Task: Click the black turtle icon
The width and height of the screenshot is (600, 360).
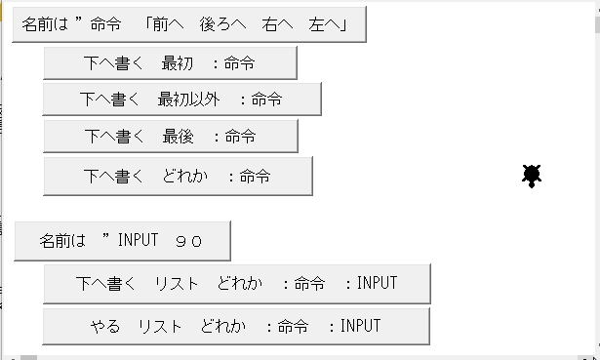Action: (532, 176)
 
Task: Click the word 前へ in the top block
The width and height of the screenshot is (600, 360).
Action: (168, 24)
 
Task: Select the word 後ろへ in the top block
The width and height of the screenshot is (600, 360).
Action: (222, 24)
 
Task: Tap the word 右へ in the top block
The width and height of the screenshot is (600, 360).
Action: (277, 24)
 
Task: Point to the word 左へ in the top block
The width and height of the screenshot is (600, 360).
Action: (324, 24)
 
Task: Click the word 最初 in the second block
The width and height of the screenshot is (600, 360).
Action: (178, 63)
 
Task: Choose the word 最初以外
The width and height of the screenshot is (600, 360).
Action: (188, 100)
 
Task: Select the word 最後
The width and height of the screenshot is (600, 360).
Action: (178, 137)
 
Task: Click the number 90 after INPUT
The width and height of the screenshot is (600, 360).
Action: (188, 241)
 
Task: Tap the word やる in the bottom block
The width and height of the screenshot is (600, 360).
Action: (105, 326)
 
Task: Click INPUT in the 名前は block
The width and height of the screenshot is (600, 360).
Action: (139, 240)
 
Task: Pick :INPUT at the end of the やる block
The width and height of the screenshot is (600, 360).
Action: (355, 326)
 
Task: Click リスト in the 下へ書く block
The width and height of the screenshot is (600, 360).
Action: (177, 284)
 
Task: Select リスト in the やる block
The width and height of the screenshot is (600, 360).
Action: (160, 326)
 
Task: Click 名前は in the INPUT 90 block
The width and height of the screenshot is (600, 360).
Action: (62, 241)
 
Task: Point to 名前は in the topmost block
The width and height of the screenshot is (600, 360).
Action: (45, 24)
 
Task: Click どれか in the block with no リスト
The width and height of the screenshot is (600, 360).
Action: (184, 177)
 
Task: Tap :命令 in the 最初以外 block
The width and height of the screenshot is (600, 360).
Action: (261, 100)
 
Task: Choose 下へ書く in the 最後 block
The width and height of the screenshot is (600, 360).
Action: (114, 137)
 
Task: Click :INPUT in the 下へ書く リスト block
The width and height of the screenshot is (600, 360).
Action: (371, 283)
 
